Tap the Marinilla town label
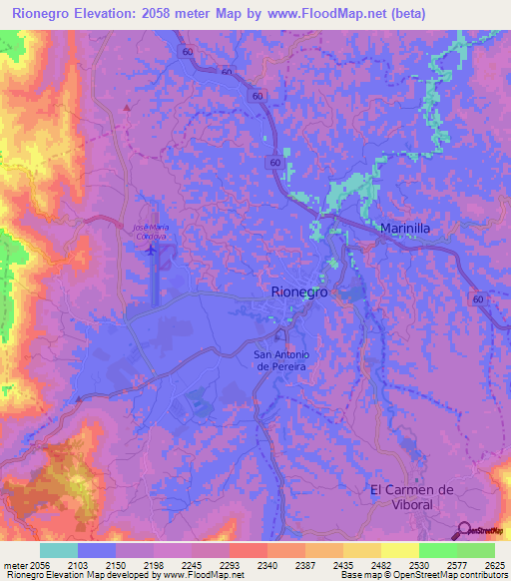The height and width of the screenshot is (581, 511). click(x=405, y=229)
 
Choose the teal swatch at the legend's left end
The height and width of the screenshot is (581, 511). click(x=59, y=550)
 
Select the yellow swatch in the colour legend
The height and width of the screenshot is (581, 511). click(x=399, y=550)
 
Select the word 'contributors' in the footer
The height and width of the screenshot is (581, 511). click(x=483, y=575)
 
